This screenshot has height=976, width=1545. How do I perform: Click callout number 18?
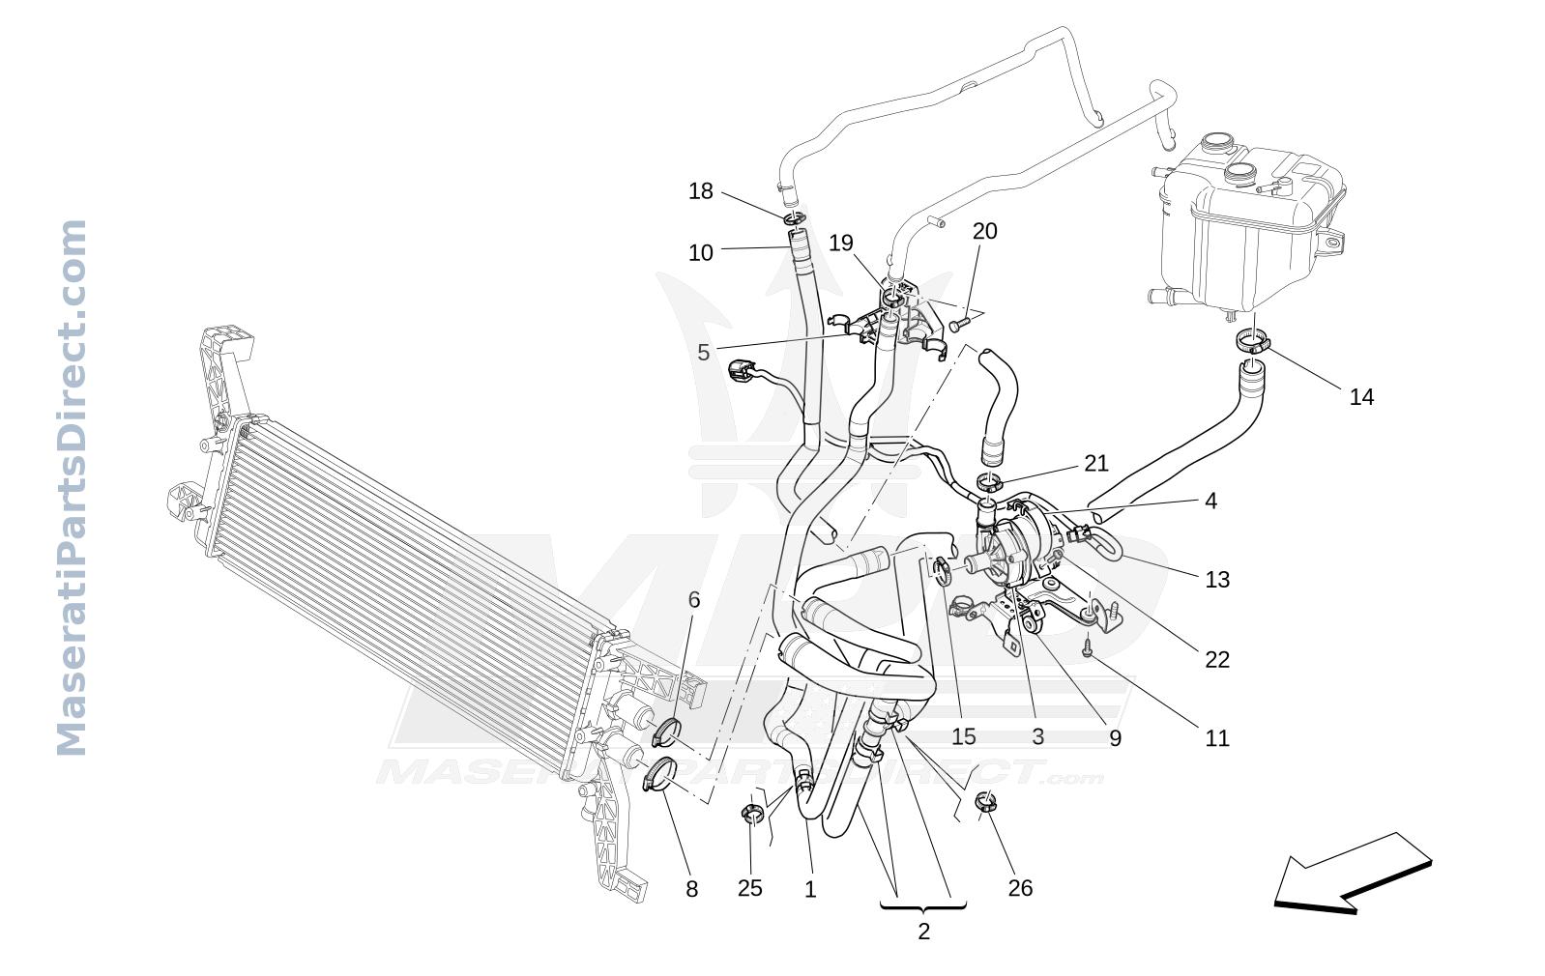tap(700, 191)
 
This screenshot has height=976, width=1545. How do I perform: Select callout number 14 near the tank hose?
tap(1361, 397)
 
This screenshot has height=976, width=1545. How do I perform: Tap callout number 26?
tap(1020, 888)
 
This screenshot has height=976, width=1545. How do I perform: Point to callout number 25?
tap(749, 888)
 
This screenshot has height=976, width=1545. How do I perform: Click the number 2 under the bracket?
tap(923, 932)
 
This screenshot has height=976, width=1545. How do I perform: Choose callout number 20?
tap(985, 231)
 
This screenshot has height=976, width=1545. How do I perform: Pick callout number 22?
tap(1217, 660)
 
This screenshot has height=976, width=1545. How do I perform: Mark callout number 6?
tap(694, 600)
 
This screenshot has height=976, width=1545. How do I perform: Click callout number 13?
tap(1217, 580)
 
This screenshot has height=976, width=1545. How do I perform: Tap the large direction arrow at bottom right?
tap(1352, 874)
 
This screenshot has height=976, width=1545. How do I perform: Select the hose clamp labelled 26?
tap(986, 802)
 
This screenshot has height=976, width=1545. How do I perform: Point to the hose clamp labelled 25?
tap(752, 814)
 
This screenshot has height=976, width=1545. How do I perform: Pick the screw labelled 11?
tap(1087, 647)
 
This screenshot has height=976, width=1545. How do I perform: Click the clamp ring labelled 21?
tap(989, 482)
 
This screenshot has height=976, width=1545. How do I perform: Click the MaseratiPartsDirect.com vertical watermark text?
tap(72, 487)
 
